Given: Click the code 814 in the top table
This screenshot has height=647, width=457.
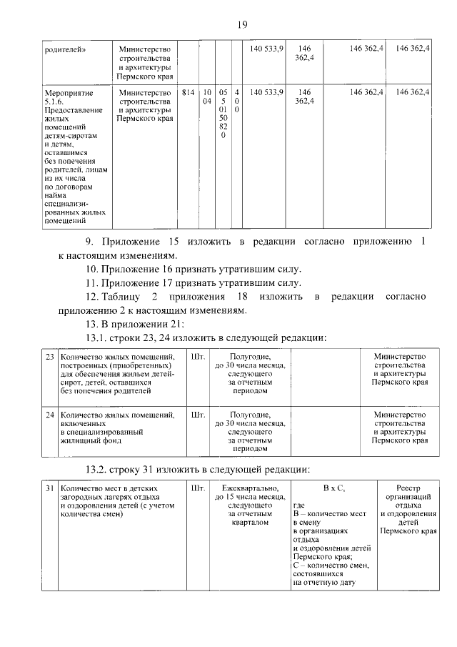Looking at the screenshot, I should [188, 92].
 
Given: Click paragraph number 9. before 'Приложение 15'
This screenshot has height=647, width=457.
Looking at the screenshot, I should [90, 242].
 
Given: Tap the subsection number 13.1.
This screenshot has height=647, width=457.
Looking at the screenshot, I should [99, 337].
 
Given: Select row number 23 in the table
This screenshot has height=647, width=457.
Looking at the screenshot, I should [49, 357].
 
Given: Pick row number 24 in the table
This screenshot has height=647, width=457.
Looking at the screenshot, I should [49, 414].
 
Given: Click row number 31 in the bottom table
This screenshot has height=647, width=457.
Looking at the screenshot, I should [49, 488].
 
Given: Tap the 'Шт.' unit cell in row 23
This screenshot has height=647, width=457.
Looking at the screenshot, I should [199, 357].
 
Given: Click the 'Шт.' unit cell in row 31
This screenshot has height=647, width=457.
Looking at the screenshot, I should [199, 488].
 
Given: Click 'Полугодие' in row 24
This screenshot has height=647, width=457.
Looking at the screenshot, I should [249, 414].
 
